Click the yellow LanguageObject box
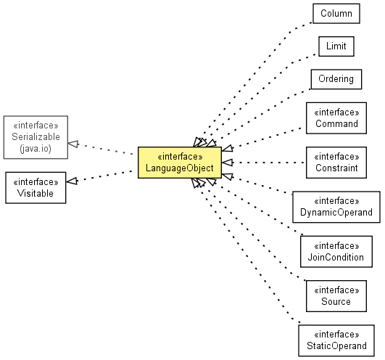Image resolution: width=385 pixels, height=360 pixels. point(180,163)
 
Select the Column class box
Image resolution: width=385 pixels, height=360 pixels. point(336,14)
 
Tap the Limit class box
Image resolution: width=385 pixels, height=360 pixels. point(336,46)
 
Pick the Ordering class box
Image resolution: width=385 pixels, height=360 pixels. point(336,79)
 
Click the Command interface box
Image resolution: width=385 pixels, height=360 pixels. point(336,118)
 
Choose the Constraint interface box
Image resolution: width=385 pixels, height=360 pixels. point(336,163)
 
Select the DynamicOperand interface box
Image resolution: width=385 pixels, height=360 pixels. point(336,207)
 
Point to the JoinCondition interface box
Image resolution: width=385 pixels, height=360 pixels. point(336,251)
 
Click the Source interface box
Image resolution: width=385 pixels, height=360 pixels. point(336,296)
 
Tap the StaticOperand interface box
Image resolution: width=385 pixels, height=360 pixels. point(336,340)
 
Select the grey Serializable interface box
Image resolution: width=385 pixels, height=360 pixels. point(36,137)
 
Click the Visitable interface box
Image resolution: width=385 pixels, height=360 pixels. point(36,187)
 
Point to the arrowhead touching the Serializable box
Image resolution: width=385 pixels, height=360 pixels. point(73,144)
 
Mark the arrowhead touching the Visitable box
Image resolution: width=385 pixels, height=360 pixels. point(72,181)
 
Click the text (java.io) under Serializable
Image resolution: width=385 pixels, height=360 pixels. point(36,149)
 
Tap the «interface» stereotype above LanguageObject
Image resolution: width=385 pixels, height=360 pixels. point(180,157)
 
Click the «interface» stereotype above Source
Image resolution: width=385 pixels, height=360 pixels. point(336,290)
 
